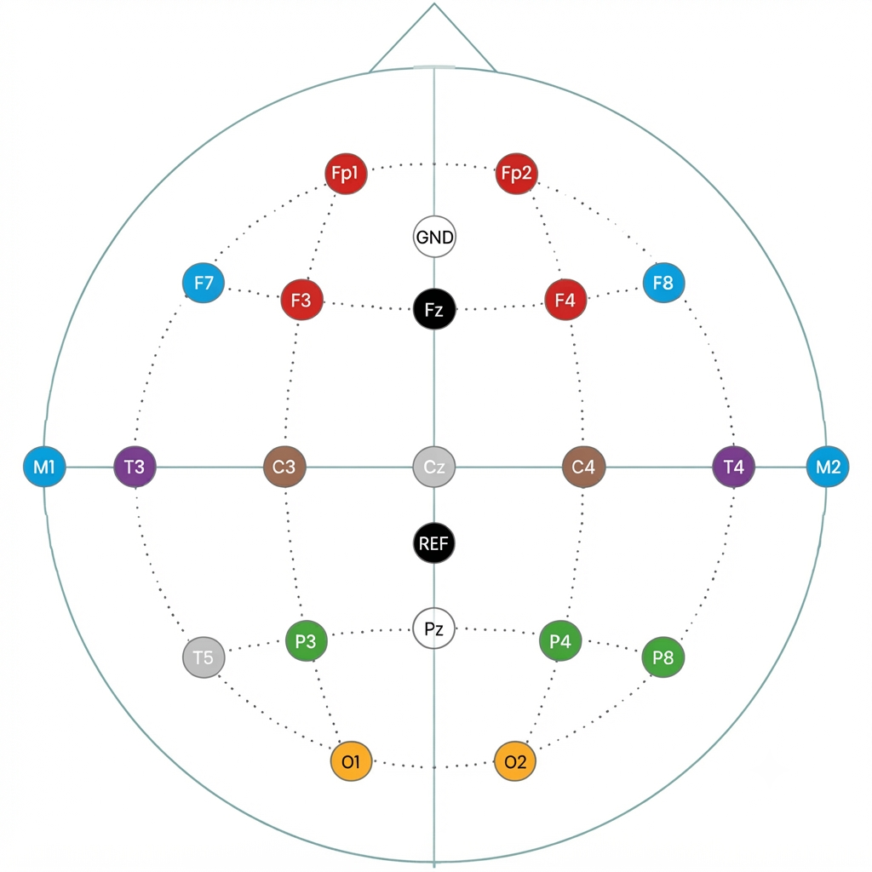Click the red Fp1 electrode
pos(346,174)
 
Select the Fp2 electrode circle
pos(516,174)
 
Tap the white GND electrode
pos(434,237)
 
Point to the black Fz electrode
pos(434,308)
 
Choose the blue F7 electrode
pos(204,283)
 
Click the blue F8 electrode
pos(663,283)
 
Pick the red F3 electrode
pos(301,300)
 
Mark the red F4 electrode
pos(565,300)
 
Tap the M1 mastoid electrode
pos(44,467)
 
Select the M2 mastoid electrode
pos(828,467)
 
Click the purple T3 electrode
pos(135,467)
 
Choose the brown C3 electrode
pos(284,467)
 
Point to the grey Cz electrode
pos(434,467)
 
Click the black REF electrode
pos(434,542)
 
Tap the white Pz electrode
pos(434,628)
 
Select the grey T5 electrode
pos(204,657)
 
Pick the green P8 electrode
pos(663,657)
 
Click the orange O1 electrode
pos(351,761)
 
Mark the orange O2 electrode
pos(515,761)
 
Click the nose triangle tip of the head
pos(433,4)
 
